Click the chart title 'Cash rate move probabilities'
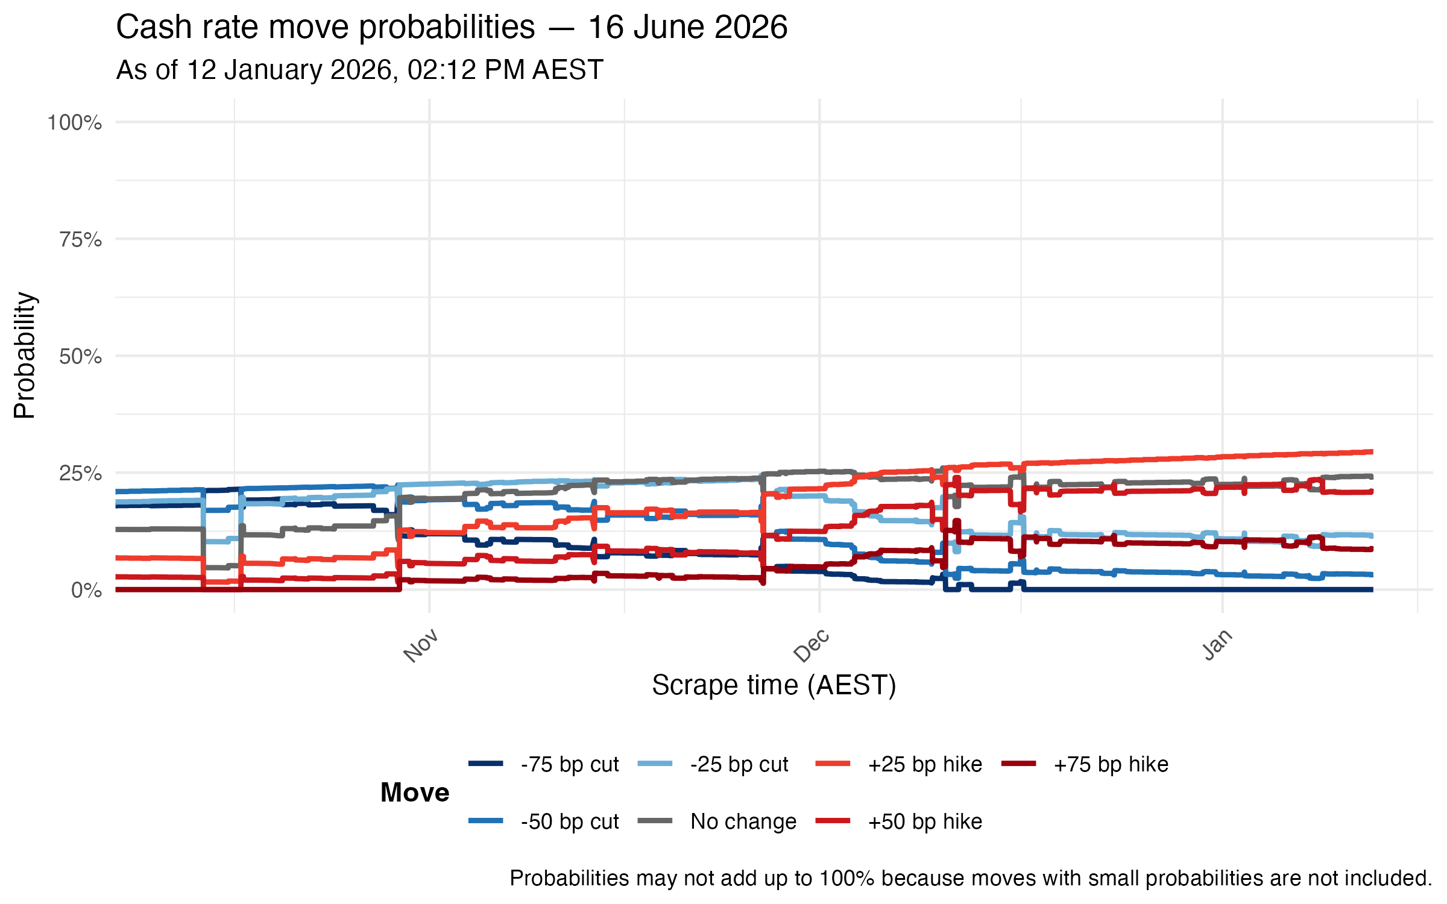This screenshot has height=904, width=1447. tap(451, 28)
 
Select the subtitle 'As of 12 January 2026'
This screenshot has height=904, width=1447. tap(359, 70)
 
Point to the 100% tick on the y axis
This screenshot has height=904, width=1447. tap(75, 123)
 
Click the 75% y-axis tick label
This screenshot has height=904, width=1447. tap(80, 240)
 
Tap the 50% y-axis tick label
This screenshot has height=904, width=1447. tap(80, 357)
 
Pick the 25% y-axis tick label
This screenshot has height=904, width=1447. tap(80, 474)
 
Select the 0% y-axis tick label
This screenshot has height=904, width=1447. tap(86, 591)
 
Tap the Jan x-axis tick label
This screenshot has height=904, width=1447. tap(1217, 645)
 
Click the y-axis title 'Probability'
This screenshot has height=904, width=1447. tap(25, 356)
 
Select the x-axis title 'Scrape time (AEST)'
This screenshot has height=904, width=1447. tap(774, 685)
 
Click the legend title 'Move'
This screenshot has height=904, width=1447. tap(415, 793)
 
